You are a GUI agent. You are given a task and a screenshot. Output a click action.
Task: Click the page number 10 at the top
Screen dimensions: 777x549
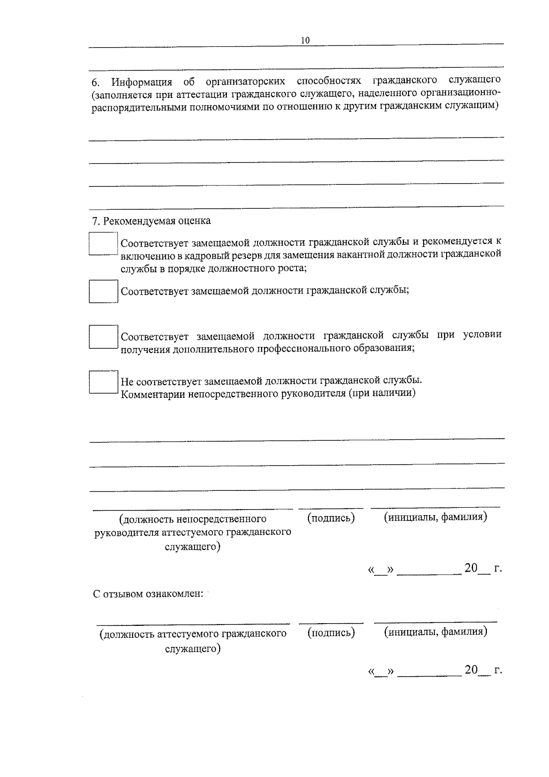click(305, 40)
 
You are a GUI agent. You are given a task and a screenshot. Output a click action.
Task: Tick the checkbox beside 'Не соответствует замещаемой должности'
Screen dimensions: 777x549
click(103, 382)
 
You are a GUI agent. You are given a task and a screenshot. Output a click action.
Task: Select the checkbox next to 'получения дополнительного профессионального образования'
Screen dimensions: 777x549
click(103, 337)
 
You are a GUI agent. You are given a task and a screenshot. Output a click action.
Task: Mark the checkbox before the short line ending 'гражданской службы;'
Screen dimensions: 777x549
click(103, 291)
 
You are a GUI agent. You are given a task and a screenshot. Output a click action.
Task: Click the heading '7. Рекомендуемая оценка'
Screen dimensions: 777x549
click(151, 221)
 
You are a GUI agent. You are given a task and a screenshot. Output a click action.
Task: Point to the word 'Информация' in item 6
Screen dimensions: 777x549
click(142, 82)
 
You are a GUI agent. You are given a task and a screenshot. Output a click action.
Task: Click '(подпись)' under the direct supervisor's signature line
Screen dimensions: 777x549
click(331, 518)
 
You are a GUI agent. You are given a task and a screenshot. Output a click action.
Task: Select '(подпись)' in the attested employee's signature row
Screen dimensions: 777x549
click(331, 633)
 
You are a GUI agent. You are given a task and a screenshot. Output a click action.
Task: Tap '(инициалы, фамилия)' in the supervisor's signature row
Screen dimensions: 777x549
click(436, 517)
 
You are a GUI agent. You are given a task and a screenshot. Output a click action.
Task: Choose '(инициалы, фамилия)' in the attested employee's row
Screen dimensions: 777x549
click(436, 632)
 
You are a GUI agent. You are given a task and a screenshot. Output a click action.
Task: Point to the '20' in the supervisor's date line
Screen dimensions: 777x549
click(471, 568)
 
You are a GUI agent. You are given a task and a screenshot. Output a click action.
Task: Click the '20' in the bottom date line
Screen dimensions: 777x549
click(471, 670)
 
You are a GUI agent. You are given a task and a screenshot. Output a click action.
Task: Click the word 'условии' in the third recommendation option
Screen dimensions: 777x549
click(482, 335)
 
